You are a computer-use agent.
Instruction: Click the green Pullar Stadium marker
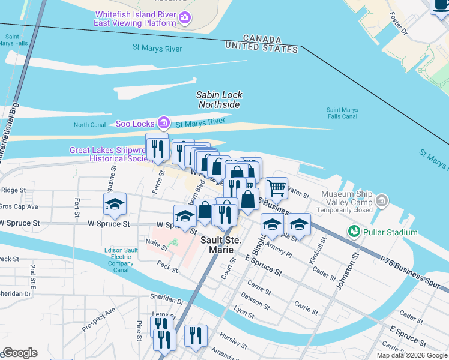coord(354,232)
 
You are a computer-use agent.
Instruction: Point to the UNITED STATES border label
coord(262,48)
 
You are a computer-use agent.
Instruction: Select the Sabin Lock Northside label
coord(218,100)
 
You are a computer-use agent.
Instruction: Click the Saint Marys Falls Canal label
coord(342,113)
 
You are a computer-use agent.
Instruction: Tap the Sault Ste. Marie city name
coord(220,245)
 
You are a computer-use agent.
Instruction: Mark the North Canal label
coord(89,125)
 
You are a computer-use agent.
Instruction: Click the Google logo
coord(20,353)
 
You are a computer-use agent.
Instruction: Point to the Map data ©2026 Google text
coord(412,355)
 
